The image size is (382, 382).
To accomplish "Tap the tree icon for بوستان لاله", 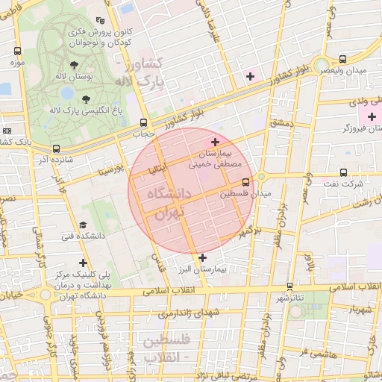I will [74, 64].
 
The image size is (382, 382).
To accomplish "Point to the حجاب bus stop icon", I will [143, 122].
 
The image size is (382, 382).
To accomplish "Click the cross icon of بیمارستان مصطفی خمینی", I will [216, 142].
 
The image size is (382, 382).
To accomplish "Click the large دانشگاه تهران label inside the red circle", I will [164, 202].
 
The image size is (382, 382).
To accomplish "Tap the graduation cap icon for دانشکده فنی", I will [83, 225].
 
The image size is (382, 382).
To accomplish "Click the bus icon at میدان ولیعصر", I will [342, 58].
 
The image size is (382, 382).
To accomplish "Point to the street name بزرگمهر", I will [242, 234].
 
